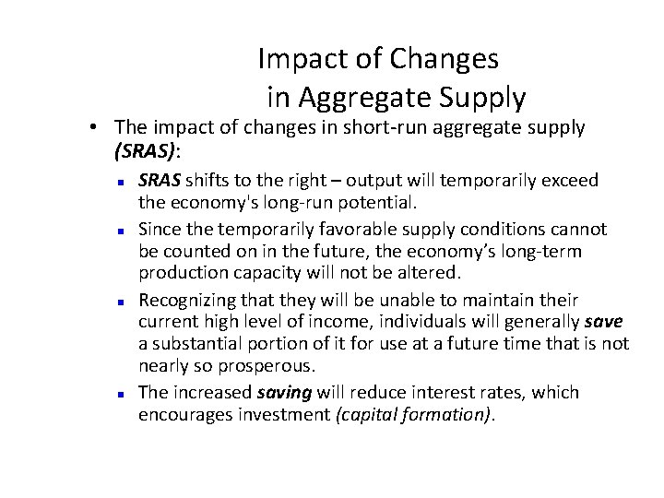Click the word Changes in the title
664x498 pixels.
click(x=445, y=59)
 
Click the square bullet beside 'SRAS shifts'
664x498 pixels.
click(x=121, y=182)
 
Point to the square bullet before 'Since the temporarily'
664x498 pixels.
click(x=121, y=230)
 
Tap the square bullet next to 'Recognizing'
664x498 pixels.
click(x=121, y=302)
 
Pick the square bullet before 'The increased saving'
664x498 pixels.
click(x=121, y=394)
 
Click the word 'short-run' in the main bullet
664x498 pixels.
click(x=363, y=127)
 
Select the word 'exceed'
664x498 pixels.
click(x=570, y=180)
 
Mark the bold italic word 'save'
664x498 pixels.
click(x=604, y=322)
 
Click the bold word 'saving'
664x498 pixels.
click(x=284, y=392)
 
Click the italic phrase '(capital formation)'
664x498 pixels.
click(x=415, y=414)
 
